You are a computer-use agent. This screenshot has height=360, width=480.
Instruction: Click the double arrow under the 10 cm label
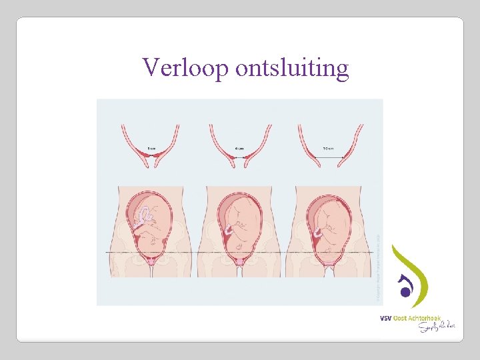329,157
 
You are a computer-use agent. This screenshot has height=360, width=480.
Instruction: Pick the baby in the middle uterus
243,223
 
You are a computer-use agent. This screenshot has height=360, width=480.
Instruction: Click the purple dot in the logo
404,291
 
